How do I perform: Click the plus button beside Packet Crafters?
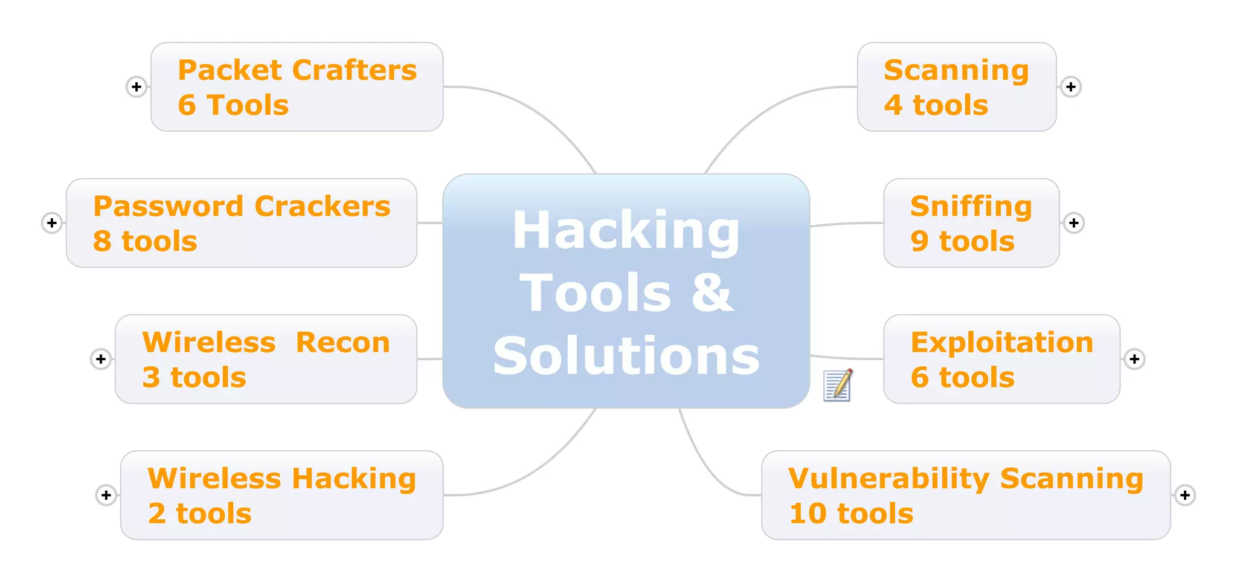pos(137,87)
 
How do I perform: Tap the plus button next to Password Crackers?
pos(52,223)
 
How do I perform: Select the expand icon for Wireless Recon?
pos(101,359)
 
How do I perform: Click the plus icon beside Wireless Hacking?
pos(106,496)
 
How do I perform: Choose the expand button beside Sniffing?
pos(1073,223)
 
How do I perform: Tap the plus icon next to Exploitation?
pos(1134,359)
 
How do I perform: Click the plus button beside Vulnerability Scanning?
pos(1184,496)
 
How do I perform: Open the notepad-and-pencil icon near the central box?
pos(838,385)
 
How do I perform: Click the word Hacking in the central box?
pos(626,231)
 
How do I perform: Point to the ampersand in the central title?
pos(712,293)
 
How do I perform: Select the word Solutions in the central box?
pos(626,356)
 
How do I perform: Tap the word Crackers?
pos(323,207)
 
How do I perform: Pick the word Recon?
pos(342,343)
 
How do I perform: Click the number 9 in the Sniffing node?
pos(919,241)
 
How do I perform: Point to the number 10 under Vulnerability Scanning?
pos(808,514)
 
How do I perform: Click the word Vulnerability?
pos(888,479)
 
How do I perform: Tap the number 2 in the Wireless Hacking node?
pos(157,514)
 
